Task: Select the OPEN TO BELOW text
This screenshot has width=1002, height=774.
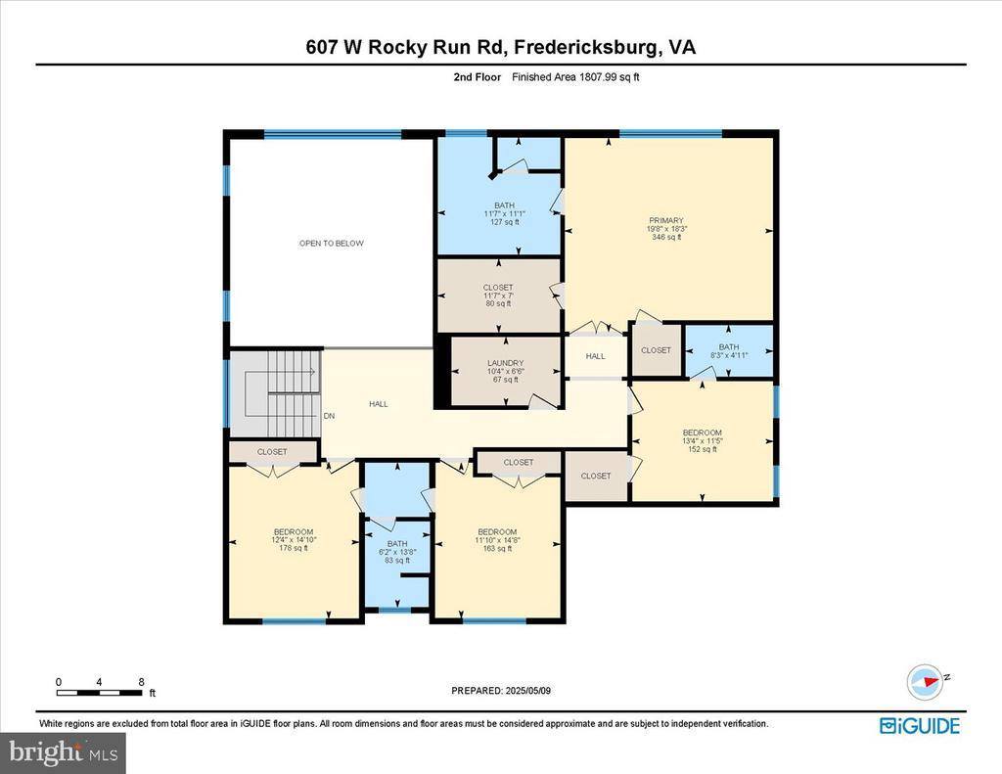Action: coord(331,243)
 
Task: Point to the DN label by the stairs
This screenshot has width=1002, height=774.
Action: coord(329,416)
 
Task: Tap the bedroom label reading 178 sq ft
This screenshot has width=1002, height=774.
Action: coord(293,540)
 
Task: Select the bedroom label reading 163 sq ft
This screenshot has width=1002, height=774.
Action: coord(497,540)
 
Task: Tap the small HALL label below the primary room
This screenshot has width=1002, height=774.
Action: coord(595,356)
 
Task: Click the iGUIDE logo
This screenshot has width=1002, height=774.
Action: coord(919,725)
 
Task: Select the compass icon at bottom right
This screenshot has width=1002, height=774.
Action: coord(924,681)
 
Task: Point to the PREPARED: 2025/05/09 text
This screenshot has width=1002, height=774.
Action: coord(500,690)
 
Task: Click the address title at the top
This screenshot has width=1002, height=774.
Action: coord(500,47)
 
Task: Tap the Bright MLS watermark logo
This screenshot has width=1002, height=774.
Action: coord(63,752)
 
